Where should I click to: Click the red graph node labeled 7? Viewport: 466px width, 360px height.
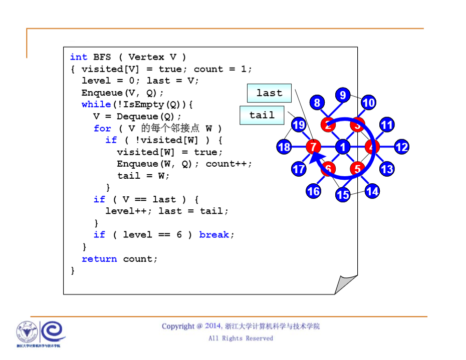[x=313, y=147]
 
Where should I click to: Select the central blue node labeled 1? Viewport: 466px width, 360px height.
[x=343, y=147]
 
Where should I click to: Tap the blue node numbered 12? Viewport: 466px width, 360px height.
[x=401, y=147]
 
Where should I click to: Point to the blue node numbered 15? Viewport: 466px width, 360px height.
[x=343, y=194]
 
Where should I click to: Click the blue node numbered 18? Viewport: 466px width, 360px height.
[x=284, y=147]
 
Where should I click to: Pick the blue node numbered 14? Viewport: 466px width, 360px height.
[x=372, y=191]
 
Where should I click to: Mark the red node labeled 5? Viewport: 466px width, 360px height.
[x=357, y=169]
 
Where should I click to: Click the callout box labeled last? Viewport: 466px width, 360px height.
[x=269, y=93]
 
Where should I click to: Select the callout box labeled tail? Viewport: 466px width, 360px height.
[x=262, y=115]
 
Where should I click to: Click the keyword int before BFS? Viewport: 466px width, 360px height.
[x=78, y=57]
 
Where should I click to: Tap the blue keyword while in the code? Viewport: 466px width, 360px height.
[x=96, y=104]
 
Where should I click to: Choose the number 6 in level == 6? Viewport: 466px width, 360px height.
[x=179, y=235]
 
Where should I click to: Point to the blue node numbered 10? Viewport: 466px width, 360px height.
[x=368, y=103]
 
